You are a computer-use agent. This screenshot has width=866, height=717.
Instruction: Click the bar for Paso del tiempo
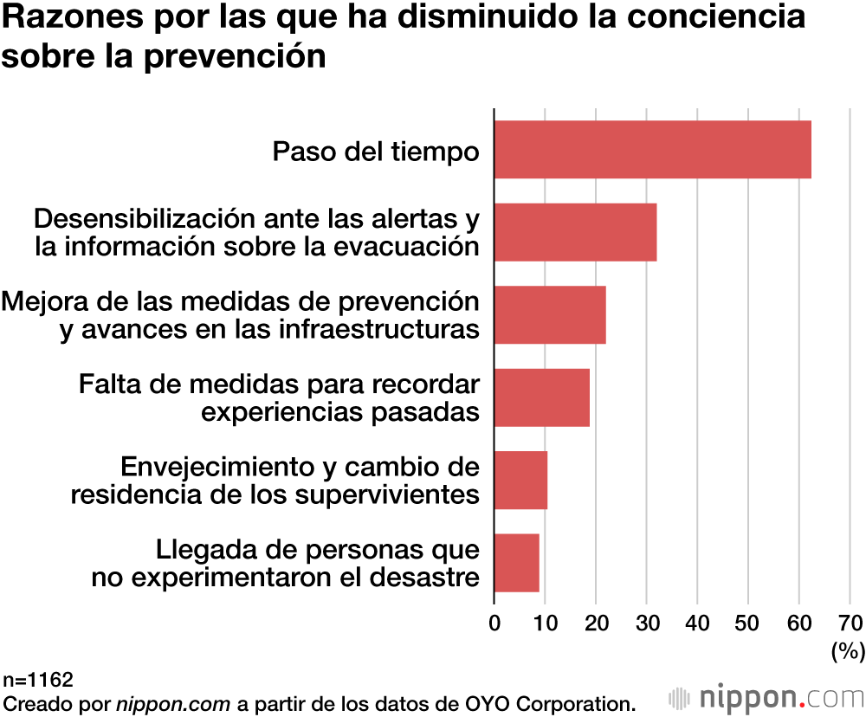click(x=652, y=150)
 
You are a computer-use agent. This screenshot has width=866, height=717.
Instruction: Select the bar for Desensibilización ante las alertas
click(x=575, y=232)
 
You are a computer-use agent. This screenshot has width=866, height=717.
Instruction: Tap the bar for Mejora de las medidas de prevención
click(x=549, y=315)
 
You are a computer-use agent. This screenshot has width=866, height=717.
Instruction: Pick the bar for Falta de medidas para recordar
click(x=541, y=397)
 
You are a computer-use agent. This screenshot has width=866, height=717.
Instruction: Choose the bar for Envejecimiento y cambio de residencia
click(x=520, y=480)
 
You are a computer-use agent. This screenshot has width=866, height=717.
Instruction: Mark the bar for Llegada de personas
click(x=516, y=563)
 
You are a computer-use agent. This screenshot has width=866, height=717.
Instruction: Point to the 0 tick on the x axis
click(x=494, y=623)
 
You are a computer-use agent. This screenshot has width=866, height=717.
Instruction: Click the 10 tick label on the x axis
click(x=545, y=623)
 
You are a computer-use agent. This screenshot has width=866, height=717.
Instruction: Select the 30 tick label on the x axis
click(x=646, y=623)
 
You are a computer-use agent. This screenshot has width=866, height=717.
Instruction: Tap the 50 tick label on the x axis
click(x=748, y=623)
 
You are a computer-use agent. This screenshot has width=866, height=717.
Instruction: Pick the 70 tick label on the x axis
click(x=850, y=623)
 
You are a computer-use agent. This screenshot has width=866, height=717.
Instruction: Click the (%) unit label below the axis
click(x=848, y=650)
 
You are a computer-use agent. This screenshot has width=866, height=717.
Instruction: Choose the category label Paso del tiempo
click(x=376, y=152)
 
